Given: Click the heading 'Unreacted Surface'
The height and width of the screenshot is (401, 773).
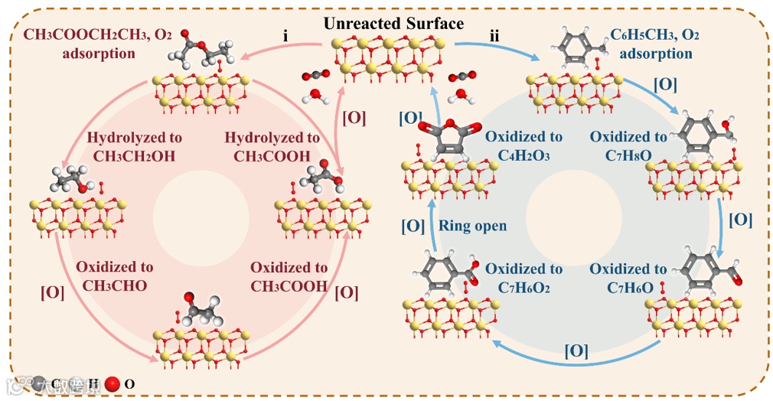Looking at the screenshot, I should coord(393,23).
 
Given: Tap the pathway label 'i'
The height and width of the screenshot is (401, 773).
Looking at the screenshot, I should coord(285,36).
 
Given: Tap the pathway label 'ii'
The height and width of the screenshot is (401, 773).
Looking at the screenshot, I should coord(494,37).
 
